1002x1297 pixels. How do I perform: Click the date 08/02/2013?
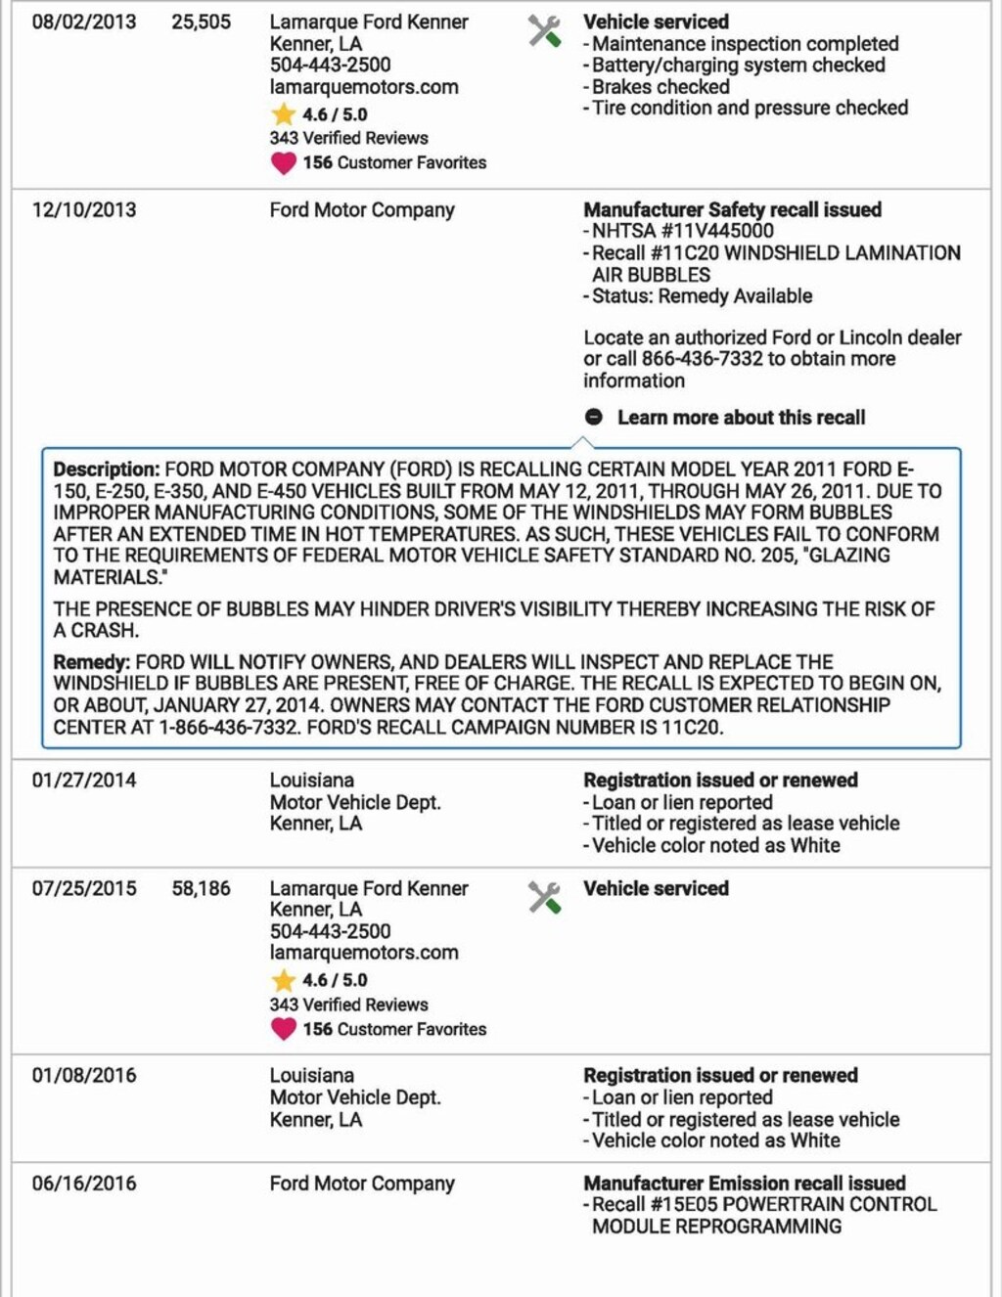tap(84, 22)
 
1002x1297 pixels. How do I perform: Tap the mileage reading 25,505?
tap(202, 22)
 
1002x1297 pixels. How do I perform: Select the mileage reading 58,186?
tap(202, 888)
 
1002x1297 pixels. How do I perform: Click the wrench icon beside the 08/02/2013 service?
tap(545, 31)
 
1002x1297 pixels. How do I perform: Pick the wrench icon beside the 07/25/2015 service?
tap(545, 897)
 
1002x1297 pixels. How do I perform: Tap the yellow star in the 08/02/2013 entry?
tap(284, 113)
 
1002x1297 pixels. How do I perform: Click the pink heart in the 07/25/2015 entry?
tap(284, 1029)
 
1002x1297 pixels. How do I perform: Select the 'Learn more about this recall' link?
tap(741, 418)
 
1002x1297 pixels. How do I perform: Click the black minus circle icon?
tap(594, 417)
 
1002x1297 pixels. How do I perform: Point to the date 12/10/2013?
tap(84, 209)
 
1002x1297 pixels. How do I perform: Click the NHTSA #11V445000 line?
tap(682, 231)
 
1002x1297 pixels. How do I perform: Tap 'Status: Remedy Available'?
tap(702, 295)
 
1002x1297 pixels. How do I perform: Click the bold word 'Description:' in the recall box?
tap(106, 470)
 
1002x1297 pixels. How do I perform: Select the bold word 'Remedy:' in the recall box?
tap(91, 662)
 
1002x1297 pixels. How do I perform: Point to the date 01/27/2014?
tap(84, 781)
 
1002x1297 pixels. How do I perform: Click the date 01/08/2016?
tap(84, 1075)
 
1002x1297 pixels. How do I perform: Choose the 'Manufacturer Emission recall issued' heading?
tap(745, 1183)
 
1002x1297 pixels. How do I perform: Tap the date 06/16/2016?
tap(84, 1183)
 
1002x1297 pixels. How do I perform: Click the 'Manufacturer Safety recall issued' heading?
tap(733, 209)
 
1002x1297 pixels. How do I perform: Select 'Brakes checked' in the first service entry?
tap(660, 86)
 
